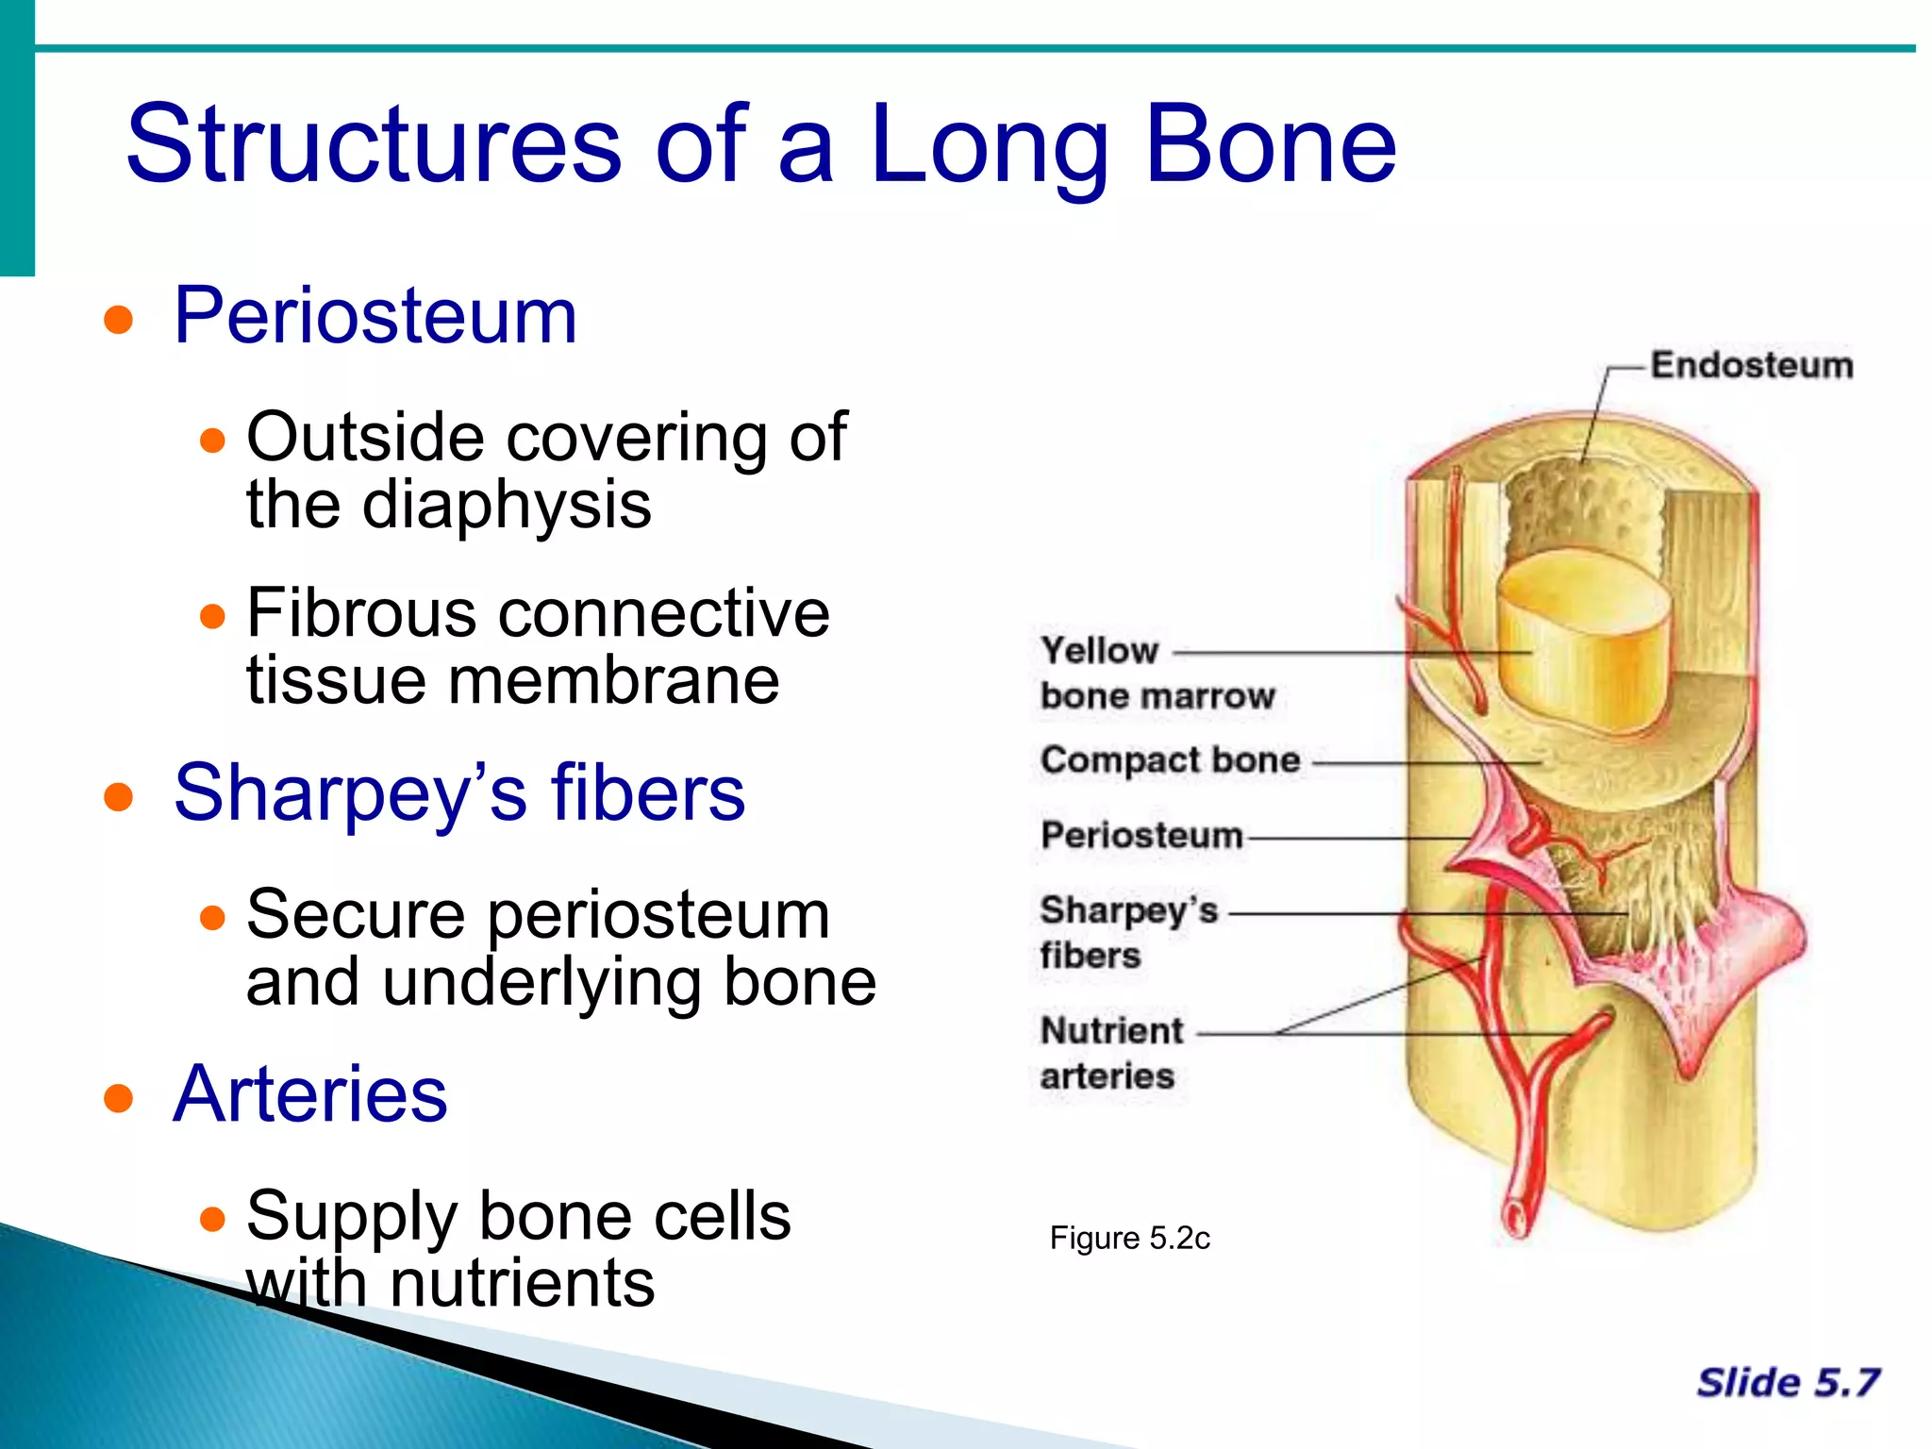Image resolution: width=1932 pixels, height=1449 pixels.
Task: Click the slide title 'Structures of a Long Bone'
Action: pyautogui.click(x=760, y=144)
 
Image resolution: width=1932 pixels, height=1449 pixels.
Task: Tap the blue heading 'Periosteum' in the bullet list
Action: pyautogui.click(x=375, y=316)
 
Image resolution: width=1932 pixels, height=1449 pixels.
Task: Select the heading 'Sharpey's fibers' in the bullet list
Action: pyautogui.click(x=459, y=793)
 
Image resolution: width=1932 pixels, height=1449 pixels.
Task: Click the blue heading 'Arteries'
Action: pyautogui.click(x=310, y=1094)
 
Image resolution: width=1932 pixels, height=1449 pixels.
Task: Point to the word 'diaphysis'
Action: pyautogui.click(x=507, y=506)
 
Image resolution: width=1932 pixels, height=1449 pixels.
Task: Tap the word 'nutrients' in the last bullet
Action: pyautogui.click(x=522, y=1284)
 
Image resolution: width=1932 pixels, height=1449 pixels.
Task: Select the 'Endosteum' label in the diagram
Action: pyautogui.click(x=1751, y=365)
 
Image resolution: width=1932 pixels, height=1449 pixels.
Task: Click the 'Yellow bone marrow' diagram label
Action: pyautogui.click(x=1157, y=673)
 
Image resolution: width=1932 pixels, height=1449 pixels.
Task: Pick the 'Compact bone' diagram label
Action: pyautogui.click(x=1170, y=760)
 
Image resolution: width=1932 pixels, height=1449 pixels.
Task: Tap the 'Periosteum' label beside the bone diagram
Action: pyautogui.click(x=1141, y=836)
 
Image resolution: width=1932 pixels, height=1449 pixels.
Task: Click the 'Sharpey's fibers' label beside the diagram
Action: pyautogui.click(x=1128, y=932)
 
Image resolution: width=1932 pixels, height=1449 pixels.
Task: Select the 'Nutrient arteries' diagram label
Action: pyautogui.click(x=1111, y=1053)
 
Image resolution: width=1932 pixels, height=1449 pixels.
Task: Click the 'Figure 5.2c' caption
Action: pyautogui.click(x=1129, y=1238)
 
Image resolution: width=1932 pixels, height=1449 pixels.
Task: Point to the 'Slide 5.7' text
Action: pyautogui.click(x=1788, y=1383)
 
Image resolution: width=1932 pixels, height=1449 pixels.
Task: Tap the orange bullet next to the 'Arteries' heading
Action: pyautogui.click(x=119, y=1098)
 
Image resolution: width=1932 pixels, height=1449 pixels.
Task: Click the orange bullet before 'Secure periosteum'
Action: pyautogui.click(x=213, y=918)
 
